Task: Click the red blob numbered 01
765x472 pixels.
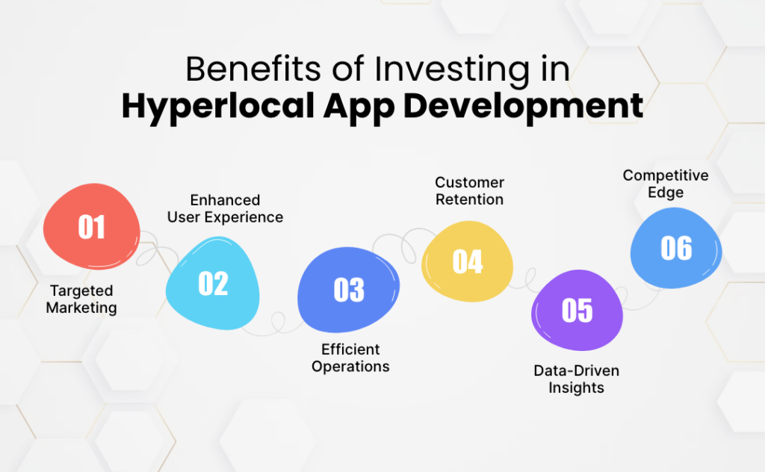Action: tap(91, 227)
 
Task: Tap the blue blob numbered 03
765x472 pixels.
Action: tap(348, 290)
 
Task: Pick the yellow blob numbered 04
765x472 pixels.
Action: tap(468, 262)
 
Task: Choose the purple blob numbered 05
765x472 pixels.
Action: tap(577, 310)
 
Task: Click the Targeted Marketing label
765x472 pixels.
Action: tap(81, 299)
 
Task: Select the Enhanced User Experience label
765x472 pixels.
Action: tap(225, 208)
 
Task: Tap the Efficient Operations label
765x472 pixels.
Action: tap(350, 358)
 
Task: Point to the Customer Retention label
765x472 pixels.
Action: tap(469, 190)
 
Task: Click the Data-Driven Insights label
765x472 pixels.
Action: tap(576, 379)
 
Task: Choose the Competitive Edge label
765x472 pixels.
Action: tap(666, 184)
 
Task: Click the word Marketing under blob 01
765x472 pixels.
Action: tap(81, 307)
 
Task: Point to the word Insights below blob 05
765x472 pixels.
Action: tap(576, 388)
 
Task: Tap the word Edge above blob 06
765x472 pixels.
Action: tap(666, 193)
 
